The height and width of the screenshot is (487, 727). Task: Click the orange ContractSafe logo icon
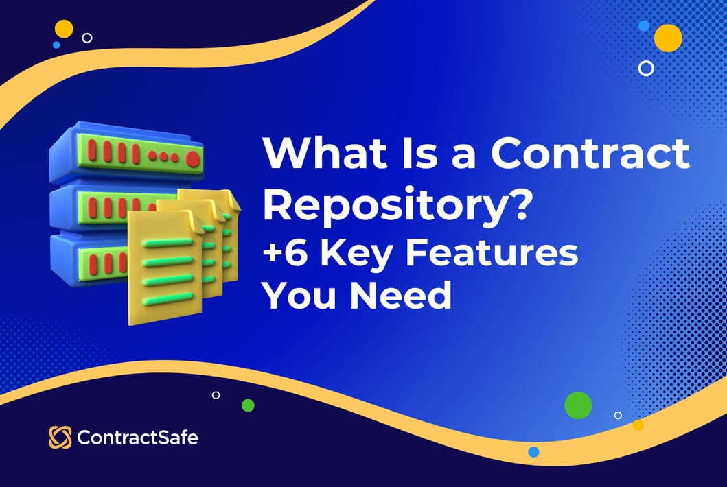tap(60, 437)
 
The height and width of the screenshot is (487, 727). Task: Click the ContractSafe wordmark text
tap(137, 437)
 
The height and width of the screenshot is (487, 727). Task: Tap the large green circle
tap(578, 405)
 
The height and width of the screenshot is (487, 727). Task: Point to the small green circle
tap(248, 405)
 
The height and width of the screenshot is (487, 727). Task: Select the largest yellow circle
tap(668, 38)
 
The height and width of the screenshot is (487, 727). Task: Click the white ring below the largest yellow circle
tap(646, 68)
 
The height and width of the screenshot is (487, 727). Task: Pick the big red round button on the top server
tap(193, 159)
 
